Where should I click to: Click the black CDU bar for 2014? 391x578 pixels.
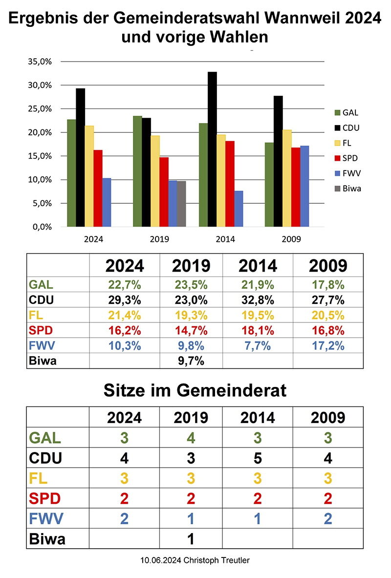coord(212,149)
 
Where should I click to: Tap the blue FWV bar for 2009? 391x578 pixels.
coord(304,186)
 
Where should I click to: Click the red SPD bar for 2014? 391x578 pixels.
coord(230,184)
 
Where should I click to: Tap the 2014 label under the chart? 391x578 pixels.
coord(225,239)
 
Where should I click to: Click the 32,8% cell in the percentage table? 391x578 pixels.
coord(258,300)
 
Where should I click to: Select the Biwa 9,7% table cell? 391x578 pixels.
coord(191,361)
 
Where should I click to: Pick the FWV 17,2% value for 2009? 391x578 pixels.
coord(328,346)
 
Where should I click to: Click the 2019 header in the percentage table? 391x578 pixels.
coord(191,266)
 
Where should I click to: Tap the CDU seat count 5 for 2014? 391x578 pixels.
coord(258,458)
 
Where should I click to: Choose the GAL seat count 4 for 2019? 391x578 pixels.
coord(191,437)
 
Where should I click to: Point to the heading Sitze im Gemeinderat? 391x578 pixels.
coord(195,390)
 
